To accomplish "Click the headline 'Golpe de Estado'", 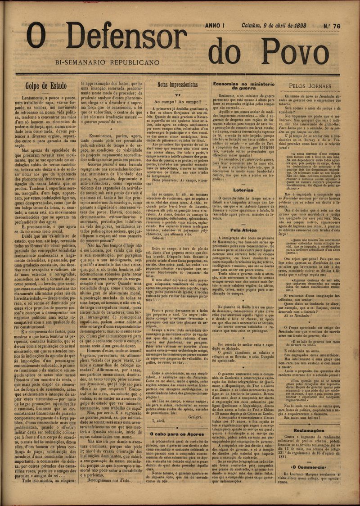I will (x=46, y=86).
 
